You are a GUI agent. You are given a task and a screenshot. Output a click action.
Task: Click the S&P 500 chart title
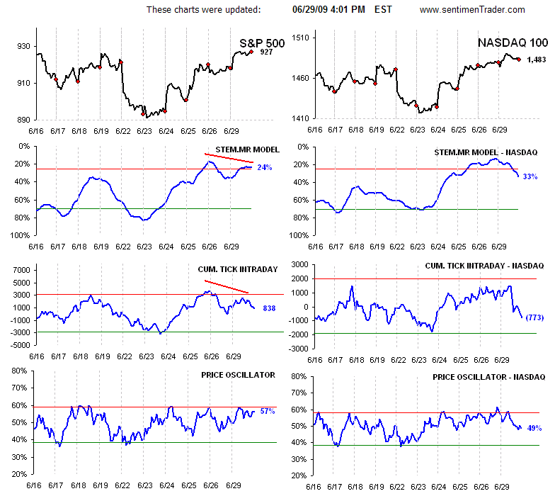262,43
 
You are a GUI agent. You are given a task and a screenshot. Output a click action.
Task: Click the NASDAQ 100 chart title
512,43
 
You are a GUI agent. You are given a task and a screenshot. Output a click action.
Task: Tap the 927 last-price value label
266,52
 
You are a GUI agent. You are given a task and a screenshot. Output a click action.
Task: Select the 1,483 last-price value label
536,60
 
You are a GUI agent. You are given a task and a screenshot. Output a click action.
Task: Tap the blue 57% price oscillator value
267,411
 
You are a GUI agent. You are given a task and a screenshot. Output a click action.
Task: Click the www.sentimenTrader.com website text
472,10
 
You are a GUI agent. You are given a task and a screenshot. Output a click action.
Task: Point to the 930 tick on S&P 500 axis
24,47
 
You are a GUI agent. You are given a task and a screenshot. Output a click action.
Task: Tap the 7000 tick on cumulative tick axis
19,271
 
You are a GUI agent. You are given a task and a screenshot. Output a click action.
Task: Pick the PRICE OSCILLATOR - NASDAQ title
489,376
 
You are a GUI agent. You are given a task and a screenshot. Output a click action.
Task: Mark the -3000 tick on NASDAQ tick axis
297,349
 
